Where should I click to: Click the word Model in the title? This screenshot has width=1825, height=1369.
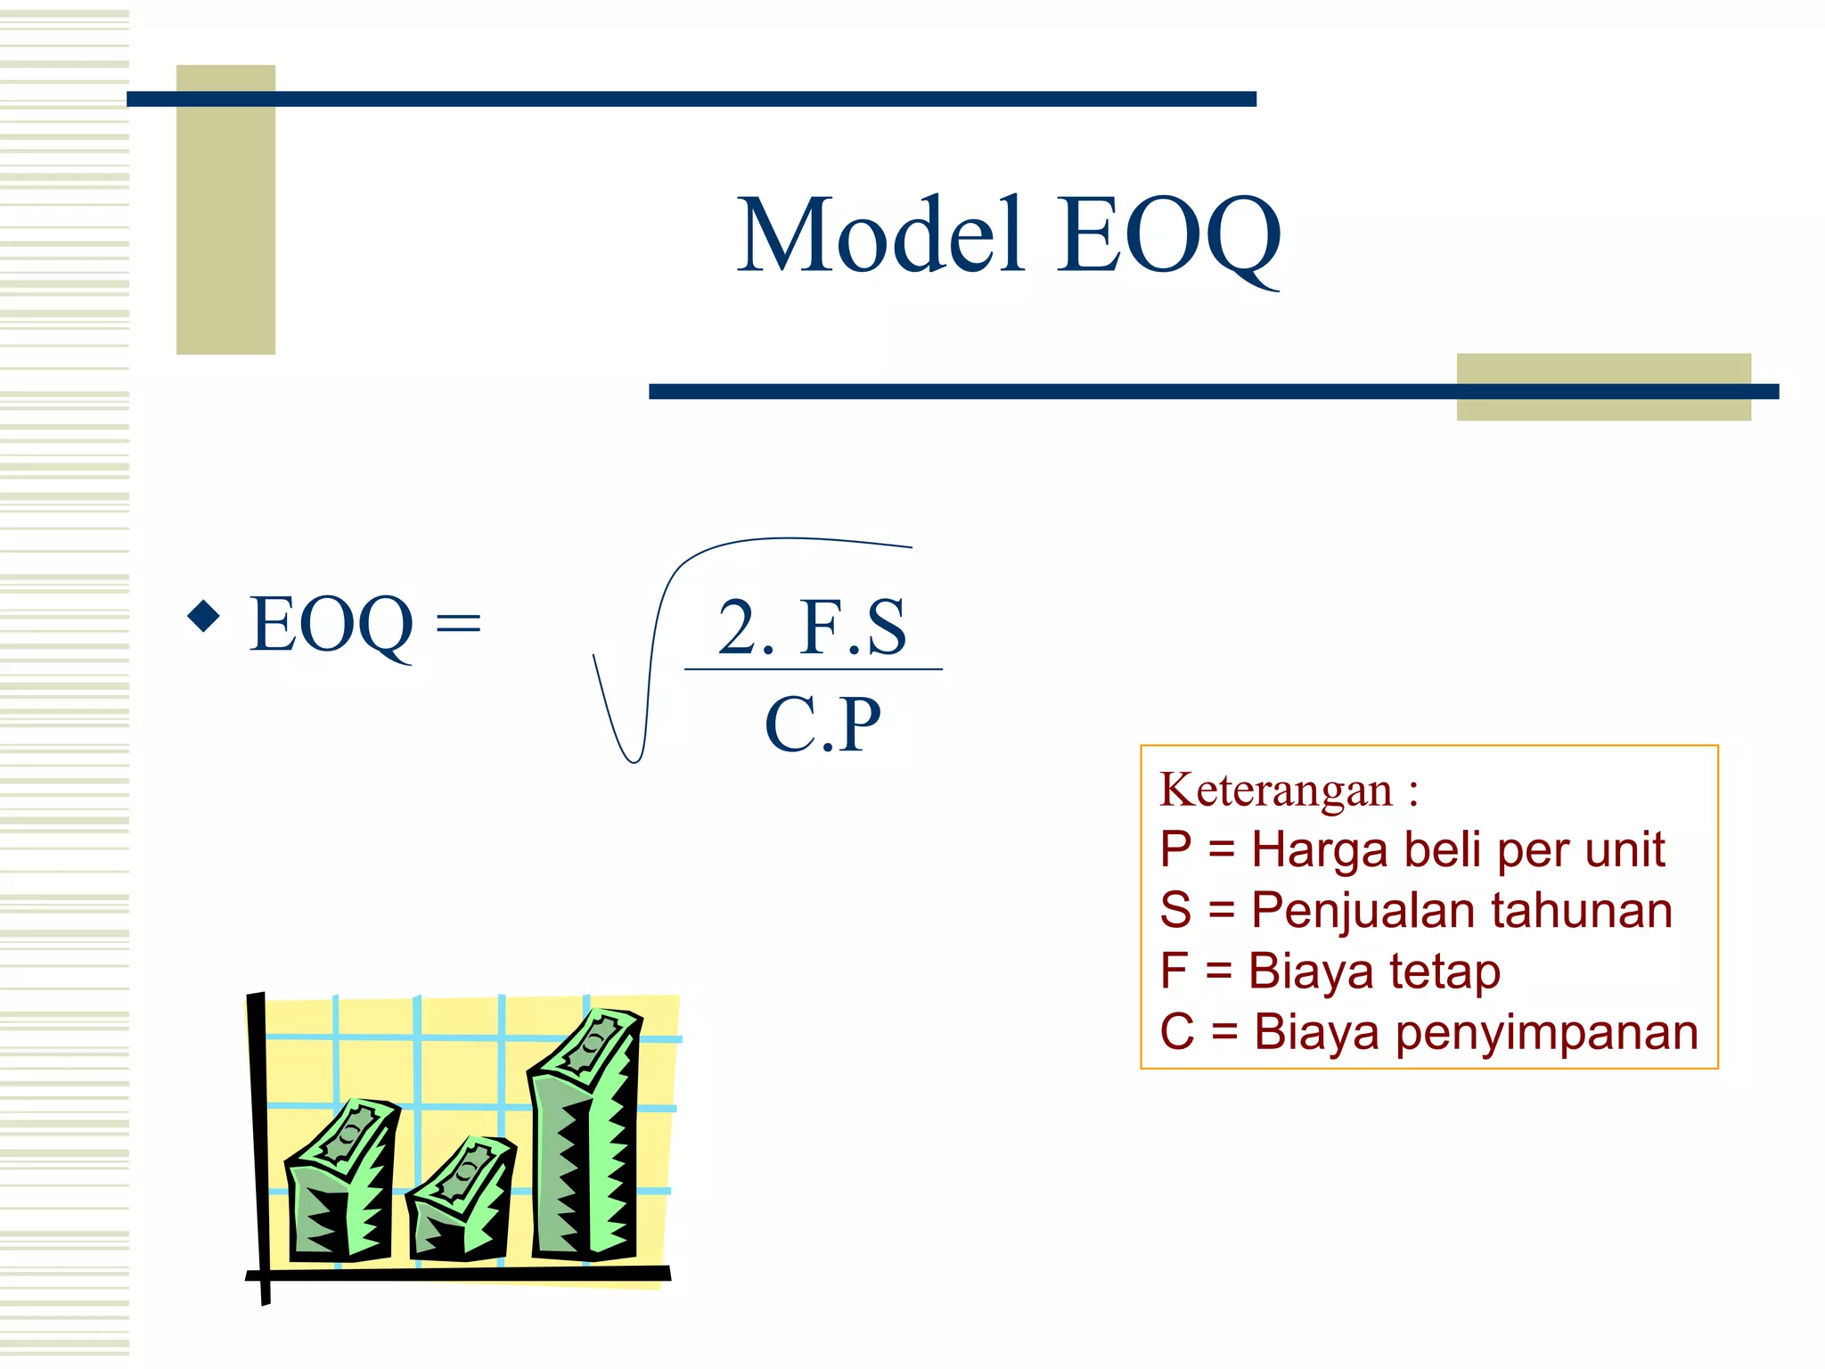[x=880, y=235]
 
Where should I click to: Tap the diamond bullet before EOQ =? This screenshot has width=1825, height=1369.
[x=204, y=616]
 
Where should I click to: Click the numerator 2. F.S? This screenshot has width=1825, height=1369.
[x=812, y=627]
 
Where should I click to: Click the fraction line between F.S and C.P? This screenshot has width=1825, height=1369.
[x=812, y=669]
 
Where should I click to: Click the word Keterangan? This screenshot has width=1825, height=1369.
[x=1276, y=790]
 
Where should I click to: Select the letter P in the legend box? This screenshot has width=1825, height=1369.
[x=1175, y=848]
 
